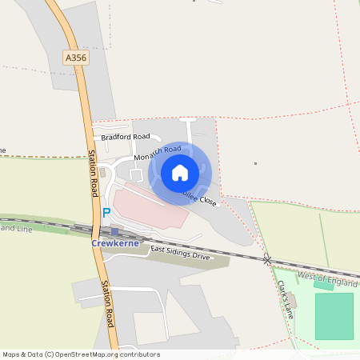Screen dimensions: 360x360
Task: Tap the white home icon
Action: point(179,172)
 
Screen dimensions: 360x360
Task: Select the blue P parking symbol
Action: point(106,214)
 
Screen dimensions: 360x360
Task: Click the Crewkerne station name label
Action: point(115,242)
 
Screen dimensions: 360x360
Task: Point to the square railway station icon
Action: point(114,230)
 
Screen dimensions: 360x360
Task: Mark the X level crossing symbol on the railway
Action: point(267,260)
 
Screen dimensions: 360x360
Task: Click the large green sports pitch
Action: point(334,316)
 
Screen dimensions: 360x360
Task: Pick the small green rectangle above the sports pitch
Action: point(323,284)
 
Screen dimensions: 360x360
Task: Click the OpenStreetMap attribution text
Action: point(81,354)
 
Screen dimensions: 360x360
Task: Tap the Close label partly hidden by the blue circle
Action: point(206,200)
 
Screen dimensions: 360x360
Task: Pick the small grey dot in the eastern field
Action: point(255,163)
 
